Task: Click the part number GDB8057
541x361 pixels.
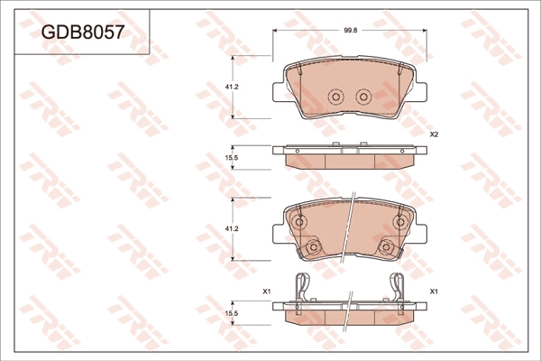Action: click(82, 32)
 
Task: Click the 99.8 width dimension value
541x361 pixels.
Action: click(350, 31)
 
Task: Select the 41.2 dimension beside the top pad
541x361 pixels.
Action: click(232, 88)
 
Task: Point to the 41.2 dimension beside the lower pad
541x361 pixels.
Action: click(232, 228)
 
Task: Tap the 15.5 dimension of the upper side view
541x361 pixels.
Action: click(232, 158)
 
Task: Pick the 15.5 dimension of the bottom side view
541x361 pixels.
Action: click(232, 312)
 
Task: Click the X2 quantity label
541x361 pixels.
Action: click(434, 135)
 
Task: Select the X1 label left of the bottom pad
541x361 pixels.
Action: click(266, 292)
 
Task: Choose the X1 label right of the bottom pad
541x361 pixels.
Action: click(434, 292)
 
